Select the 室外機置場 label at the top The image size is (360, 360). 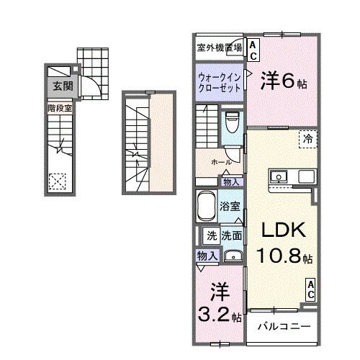coord(219,48)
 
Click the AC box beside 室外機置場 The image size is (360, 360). coord(253,48)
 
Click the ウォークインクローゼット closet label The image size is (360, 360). coord(219,78)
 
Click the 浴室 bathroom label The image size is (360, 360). coord(230,207)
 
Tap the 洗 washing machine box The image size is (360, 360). coord(212,235)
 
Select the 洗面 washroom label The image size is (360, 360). coord(231,235)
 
